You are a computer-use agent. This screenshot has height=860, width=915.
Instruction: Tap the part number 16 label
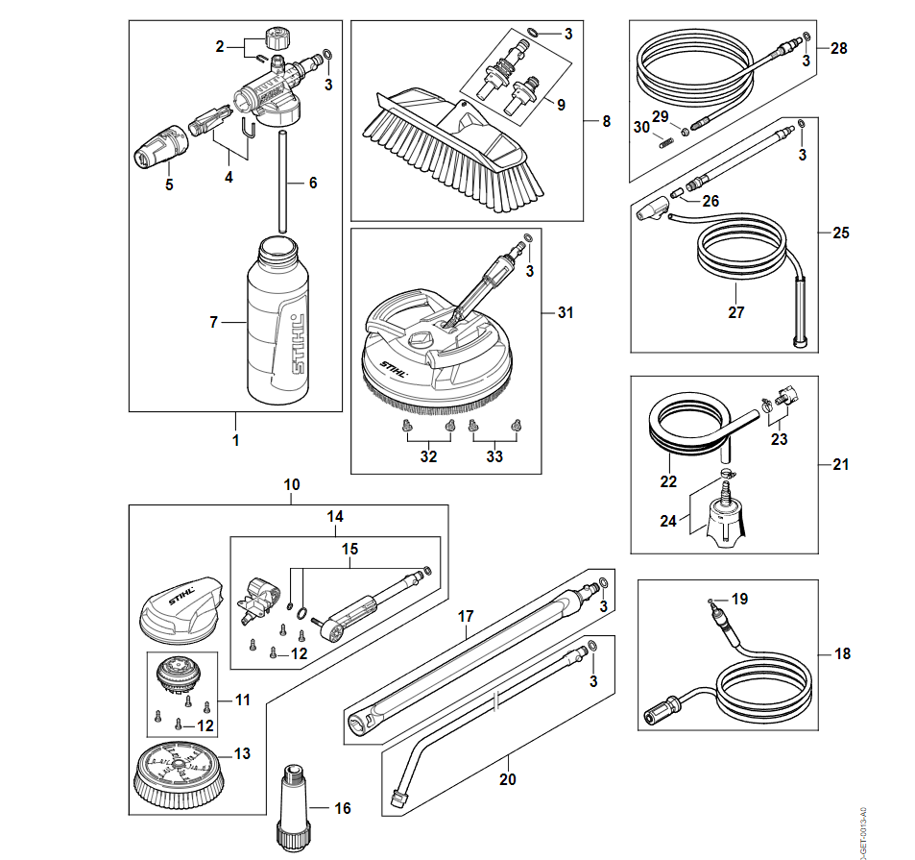[x=343, y=808]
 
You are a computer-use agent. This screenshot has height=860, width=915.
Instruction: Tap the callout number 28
[x=839, y=48]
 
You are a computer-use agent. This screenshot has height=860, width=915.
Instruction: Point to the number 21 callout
[x=841, y=465]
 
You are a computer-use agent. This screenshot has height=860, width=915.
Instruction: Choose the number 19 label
[x=738, y=599]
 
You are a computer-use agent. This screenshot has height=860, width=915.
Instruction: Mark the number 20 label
[x=507, y=779]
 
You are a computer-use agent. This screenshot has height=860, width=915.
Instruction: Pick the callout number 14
[x=334, y=517]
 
